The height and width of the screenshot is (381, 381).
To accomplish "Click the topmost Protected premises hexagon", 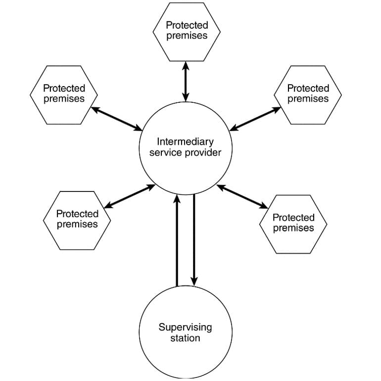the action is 187,32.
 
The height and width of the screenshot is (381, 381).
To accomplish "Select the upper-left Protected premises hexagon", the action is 64,95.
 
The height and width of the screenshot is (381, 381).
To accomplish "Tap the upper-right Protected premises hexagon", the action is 308,95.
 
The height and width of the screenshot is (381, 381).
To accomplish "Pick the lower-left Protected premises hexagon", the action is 77,220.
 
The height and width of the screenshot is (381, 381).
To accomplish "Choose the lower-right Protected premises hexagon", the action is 293,224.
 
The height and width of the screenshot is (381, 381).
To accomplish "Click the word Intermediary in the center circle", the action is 186,142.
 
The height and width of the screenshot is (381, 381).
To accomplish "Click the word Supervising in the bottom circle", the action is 185,327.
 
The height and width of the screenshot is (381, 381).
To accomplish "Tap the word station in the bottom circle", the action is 185,338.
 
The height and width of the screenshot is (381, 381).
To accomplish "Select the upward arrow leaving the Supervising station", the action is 177,240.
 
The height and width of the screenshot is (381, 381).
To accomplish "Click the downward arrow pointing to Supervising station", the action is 194,240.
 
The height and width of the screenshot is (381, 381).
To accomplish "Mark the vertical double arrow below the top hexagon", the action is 186,82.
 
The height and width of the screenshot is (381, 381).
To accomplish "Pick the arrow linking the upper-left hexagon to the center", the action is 116,119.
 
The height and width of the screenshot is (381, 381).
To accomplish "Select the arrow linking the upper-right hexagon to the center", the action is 255,119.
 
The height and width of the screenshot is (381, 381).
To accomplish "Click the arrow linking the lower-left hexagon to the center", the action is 130,196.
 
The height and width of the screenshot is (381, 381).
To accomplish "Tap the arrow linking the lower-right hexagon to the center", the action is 242,196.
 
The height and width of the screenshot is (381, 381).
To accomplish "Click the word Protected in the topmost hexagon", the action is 187,25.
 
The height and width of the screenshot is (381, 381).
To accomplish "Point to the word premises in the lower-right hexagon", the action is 293,228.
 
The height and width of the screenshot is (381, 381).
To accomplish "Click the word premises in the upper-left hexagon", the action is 64,99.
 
